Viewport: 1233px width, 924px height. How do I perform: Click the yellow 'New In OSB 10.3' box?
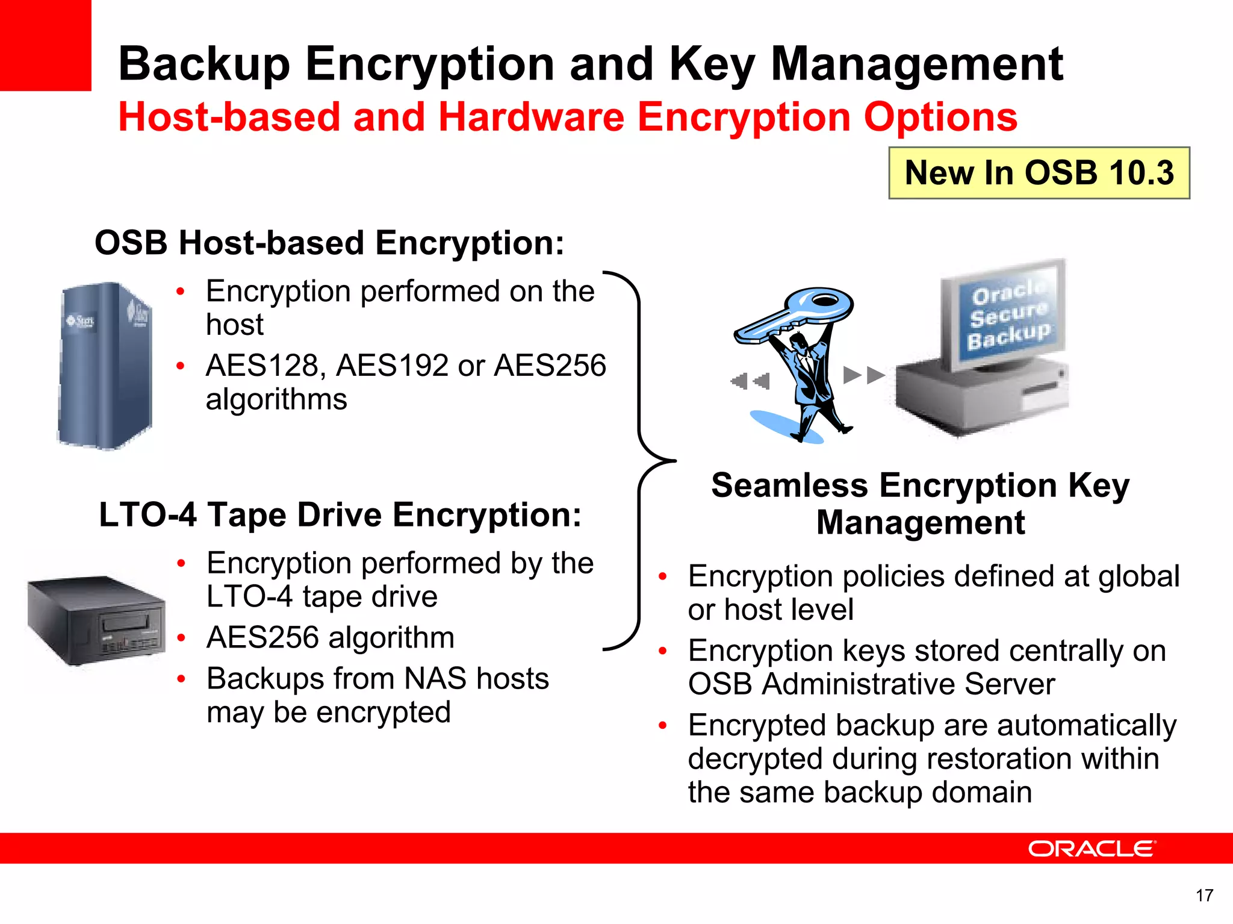[1039, 173]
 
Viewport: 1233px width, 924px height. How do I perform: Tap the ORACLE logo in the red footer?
[1092, 849]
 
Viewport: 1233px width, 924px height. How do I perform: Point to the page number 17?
[1204, 896]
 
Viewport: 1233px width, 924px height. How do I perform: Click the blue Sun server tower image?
[105, 366]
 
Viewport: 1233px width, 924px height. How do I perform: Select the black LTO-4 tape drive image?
[96, 620]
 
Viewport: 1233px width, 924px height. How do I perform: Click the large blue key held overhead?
[795, 313]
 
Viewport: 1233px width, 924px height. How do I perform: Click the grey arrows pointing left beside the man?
[750, 381]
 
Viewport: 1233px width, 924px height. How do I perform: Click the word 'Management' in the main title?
[916, 64]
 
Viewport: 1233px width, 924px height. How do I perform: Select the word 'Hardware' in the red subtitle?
[531, 117]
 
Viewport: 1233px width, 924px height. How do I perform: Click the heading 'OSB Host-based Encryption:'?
[329, 243]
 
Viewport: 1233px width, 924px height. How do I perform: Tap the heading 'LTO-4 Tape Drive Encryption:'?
[340, 515]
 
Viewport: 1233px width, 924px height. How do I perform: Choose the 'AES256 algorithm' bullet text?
[330, 637]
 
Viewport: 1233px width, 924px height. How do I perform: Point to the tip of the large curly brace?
[674, 461]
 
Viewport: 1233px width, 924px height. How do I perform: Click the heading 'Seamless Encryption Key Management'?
[920, 504]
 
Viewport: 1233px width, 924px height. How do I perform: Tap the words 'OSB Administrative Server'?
[871, 684]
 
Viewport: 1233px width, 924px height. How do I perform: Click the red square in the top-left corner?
[45, 45]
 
